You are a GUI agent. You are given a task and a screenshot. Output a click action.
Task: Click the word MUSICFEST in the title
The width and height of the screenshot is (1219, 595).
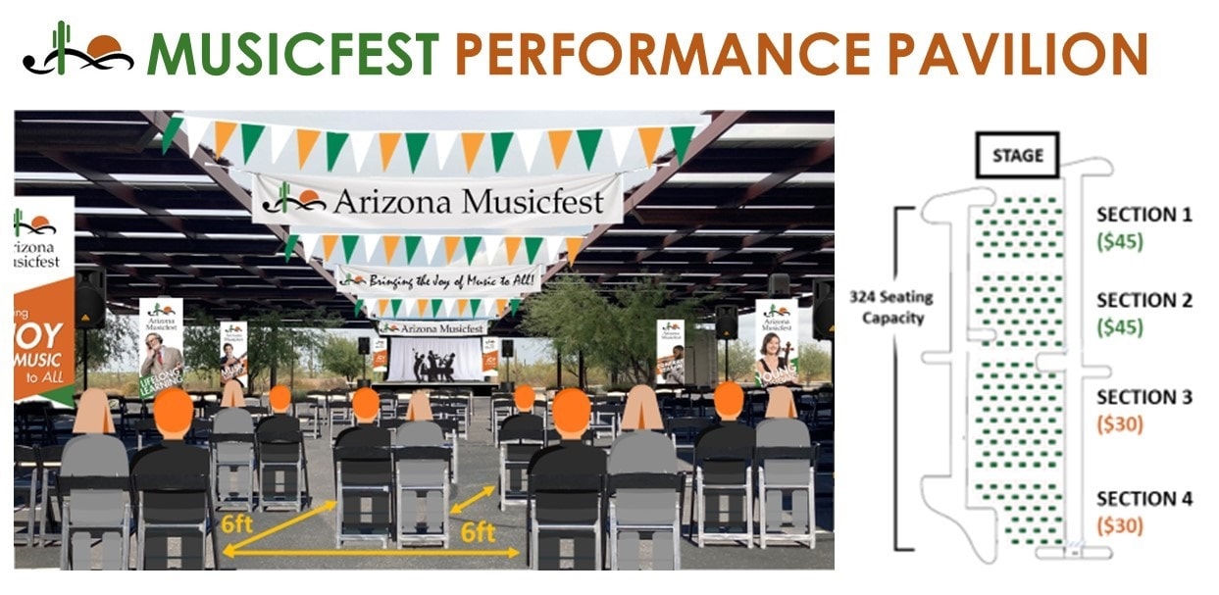(x=293, y=54)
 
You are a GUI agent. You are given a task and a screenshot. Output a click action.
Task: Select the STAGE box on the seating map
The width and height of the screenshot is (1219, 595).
(x=1015, y=155)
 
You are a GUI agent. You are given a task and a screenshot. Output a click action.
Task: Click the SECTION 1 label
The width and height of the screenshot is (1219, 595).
(x=1143, y=215)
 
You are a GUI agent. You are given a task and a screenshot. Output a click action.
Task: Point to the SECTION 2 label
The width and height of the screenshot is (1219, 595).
(x=1143, y=301)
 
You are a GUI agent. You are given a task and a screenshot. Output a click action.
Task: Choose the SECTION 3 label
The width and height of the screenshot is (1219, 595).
(x=1143, y=397)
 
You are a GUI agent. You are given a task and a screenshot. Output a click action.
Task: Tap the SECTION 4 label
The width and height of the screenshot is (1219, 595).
(x=1143, y=499)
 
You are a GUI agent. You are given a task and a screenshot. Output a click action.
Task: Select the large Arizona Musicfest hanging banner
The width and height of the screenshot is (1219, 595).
(x=437, y=201)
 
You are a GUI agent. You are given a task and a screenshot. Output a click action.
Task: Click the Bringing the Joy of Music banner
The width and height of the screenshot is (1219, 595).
(x=437, y=279)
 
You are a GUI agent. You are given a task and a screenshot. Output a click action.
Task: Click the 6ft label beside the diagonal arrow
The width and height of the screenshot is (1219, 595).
(x=237, y=523)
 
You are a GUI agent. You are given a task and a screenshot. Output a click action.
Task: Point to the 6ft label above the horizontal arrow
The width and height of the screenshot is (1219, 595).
(x=478, y=534)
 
